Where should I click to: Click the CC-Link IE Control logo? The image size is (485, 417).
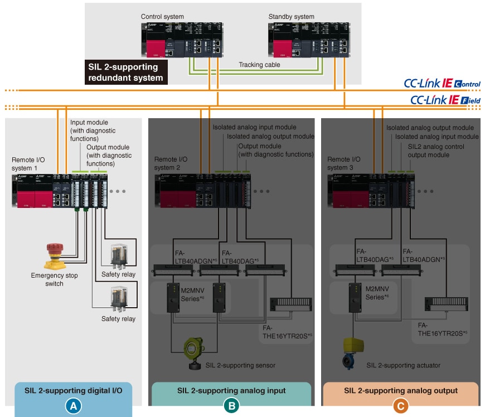[x=442, y=84]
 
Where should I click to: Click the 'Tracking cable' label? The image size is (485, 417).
[x=260, y=65]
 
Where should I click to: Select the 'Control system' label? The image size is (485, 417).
[x=162, y=17]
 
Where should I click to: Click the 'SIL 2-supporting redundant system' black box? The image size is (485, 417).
[x=126, y=72]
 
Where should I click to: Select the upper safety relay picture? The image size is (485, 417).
[x=122, y=255]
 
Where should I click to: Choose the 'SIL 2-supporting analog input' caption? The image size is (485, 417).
[x=231, y=390]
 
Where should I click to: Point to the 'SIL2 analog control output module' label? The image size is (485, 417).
[x=437, y=150]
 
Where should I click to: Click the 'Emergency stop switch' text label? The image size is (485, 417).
[x=55, y=279]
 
